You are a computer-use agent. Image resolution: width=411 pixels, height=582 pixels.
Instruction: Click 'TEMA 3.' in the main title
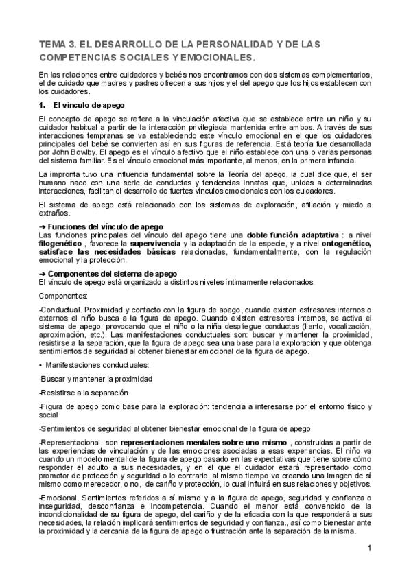(x=58, y=44)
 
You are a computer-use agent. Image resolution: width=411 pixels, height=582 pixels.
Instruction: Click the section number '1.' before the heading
(x=41, y=105)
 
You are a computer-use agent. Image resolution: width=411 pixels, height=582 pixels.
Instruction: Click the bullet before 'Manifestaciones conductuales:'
(x=41, y=365)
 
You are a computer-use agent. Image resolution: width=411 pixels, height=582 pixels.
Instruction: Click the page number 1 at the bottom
(x=368, y=548)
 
